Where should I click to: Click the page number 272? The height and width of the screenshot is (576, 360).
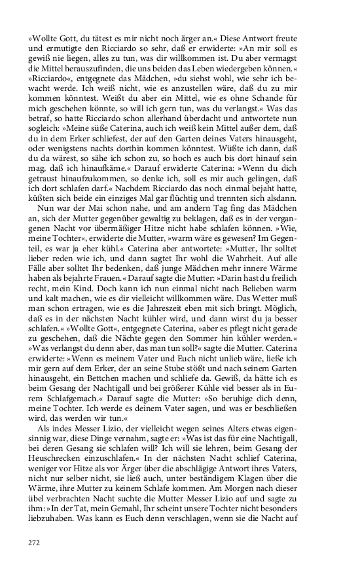coord(35,542)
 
